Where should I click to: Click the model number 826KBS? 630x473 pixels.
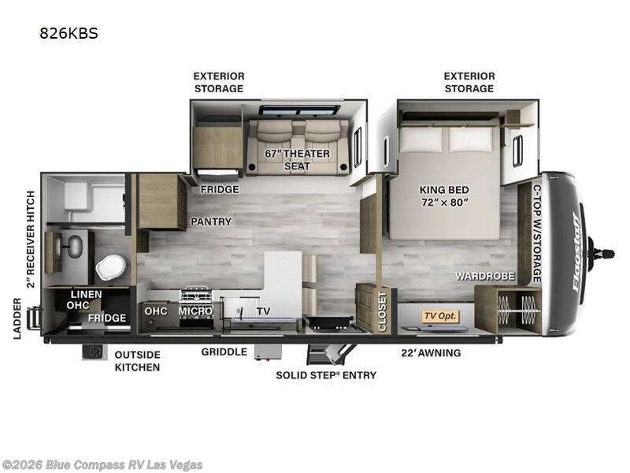(69, 33)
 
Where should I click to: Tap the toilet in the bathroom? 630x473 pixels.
(110, 266)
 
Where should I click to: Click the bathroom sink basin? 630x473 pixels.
(74, 246)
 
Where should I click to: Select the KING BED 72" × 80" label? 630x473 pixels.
(444, 196)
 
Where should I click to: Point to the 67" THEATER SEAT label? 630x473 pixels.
(298, 160)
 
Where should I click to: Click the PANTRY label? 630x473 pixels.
(211, 222)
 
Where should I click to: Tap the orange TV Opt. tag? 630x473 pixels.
(440, 316)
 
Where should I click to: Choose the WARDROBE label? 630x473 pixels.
(485, 277)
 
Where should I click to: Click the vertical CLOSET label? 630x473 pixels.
(382, 311)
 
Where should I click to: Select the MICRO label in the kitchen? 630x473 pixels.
(195, 311)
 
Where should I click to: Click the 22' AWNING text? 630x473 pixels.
(431, 353)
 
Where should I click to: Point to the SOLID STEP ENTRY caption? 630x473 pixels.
(326, 375)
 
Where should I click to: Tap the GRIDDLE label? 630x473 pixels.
(224, 352)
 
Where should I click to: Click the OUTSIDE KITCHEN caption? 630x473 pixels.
(137, 361)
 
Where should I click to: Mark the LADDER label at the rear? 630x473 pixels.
(17, 318)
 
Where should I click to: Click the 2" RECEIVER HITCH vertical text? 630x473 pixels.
(31, 240)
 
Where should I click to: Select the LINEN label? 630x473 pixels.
(87, 294)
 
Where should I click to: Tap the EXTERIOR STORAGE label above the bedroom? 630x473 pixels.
(469, 83)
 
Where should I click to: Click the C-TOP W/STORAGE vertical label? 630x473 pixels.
(537, 233)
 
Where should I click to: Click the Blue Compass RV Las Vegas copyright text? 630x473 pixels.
(102, 465)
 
